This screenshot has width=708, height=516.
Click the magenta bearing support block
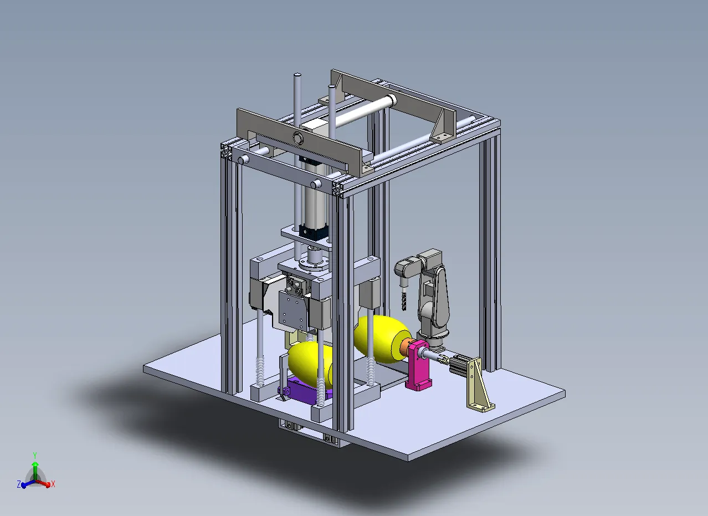(x=418, y=365)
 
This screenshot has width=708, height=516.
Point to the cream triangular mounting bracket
(x=479, y=385)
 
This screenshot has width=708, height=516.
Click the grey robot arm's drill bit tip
(x=404, y=309)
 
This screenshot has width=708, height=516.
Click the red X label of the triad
(x=53, y=484)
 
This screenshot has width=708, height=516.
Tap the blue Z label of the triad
(x=19, y=484)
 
